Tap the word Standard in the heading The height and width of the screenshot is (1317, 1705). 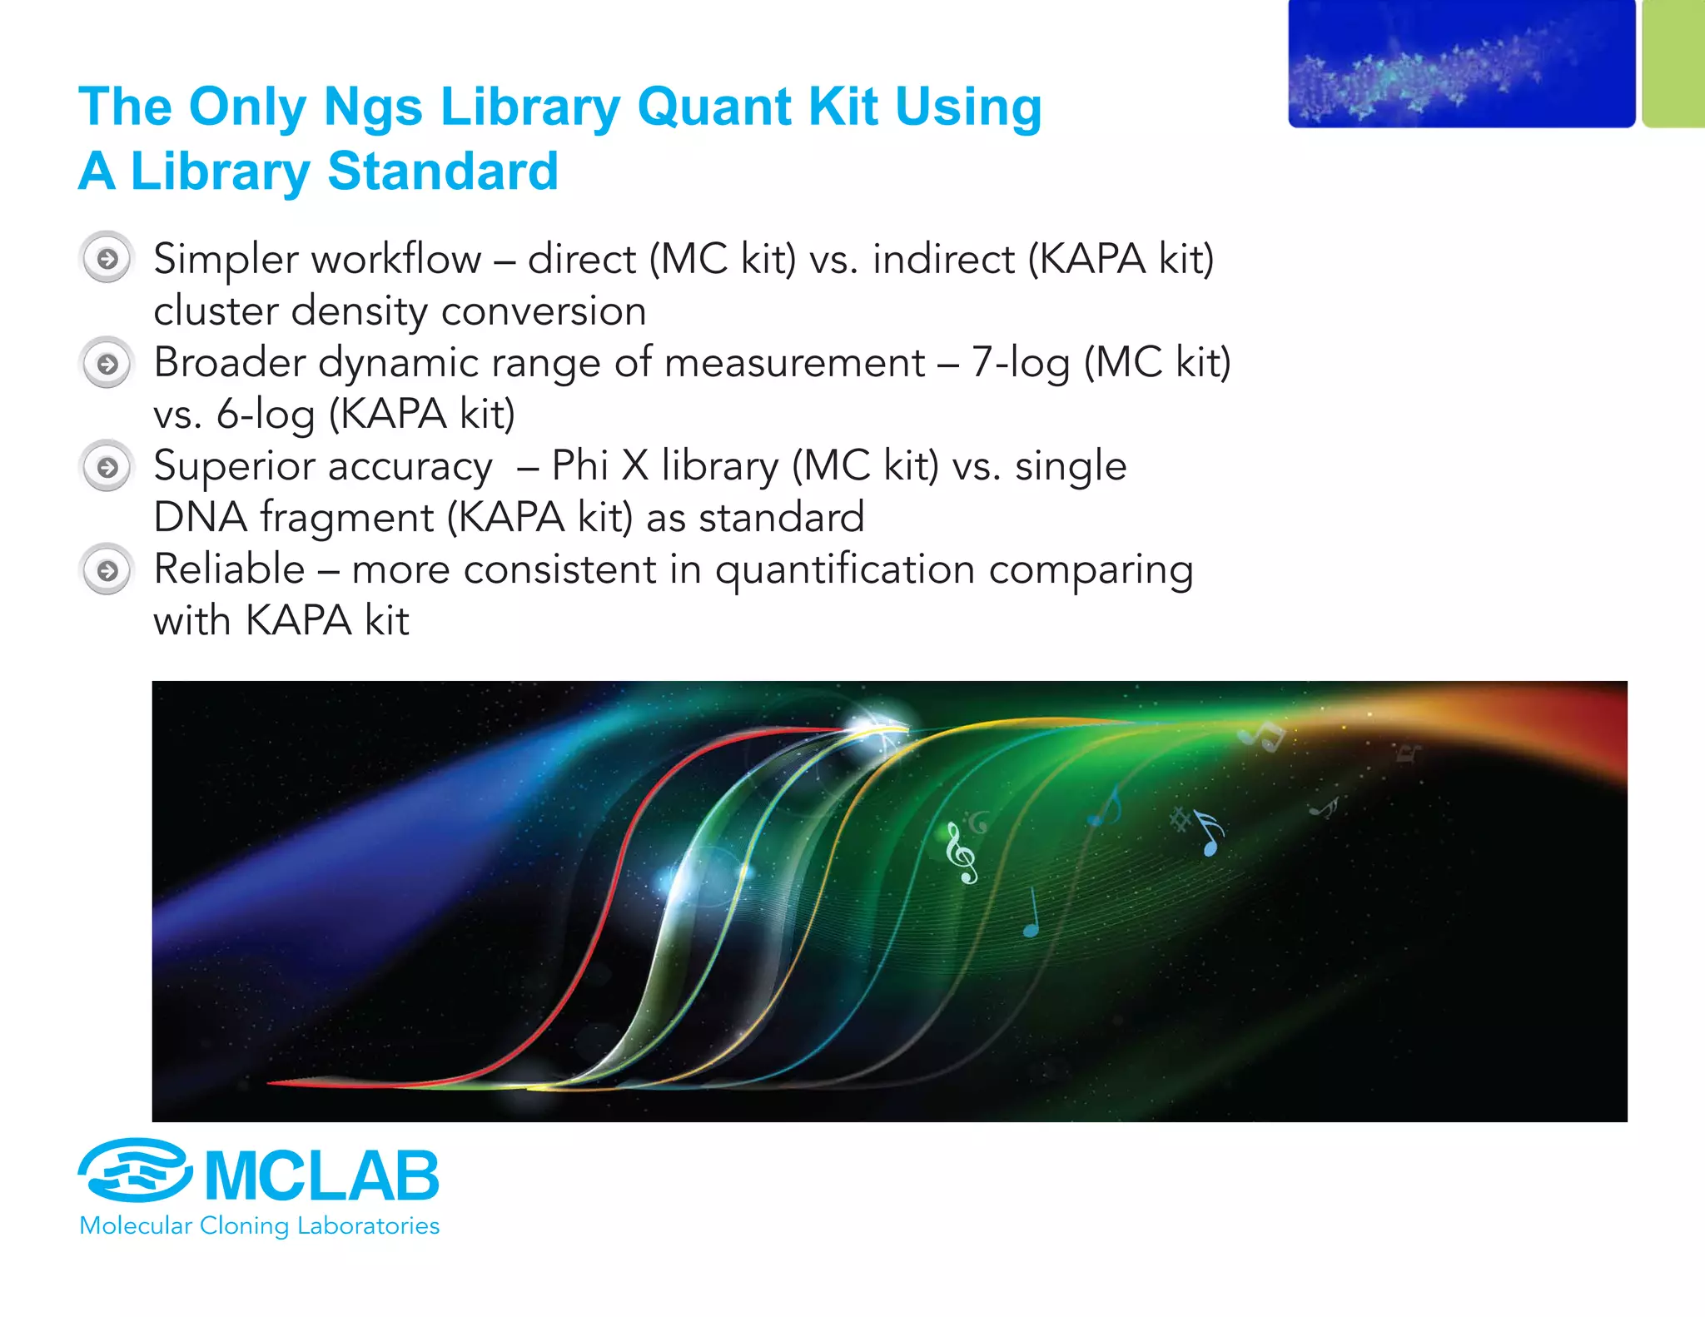[442, 171]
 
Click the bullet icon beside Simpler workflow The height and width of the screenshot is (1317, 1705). [107, 259]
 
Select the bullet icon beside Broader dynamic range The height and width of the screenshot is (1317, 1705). [107, 364]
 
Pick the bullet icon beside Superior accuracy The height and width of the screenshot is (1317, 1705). [107, 467]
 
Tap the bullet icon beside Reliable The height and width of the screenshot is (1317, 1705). [107, 570]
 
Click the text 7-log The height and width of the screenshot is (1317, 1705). [1021, 364]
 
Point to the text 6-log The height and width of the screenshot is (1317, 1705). [266, 415]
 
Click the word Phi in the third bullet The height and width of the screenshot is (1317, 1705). [580, 465]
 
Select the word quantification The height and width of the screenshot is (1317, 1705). [845, 570]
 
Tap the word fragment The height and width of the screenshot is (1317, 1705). [346, 518]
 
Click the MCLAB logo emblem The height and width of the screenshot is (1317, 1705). [136, 1170]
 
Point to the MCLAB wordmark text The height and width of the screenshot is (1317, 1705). [321, 1175]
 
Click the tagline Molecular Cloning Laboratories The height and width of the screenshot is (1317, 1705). [259, 1225]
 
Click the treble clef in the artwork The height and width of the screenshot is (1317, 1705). [962, 853]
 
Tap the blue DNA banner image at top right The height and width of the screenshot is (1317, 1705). [1461, 64]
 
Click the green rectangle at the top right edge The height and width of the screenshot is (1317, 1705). [1674, 64]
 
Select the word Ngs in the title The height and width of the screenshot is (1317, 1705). [373, 107]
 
